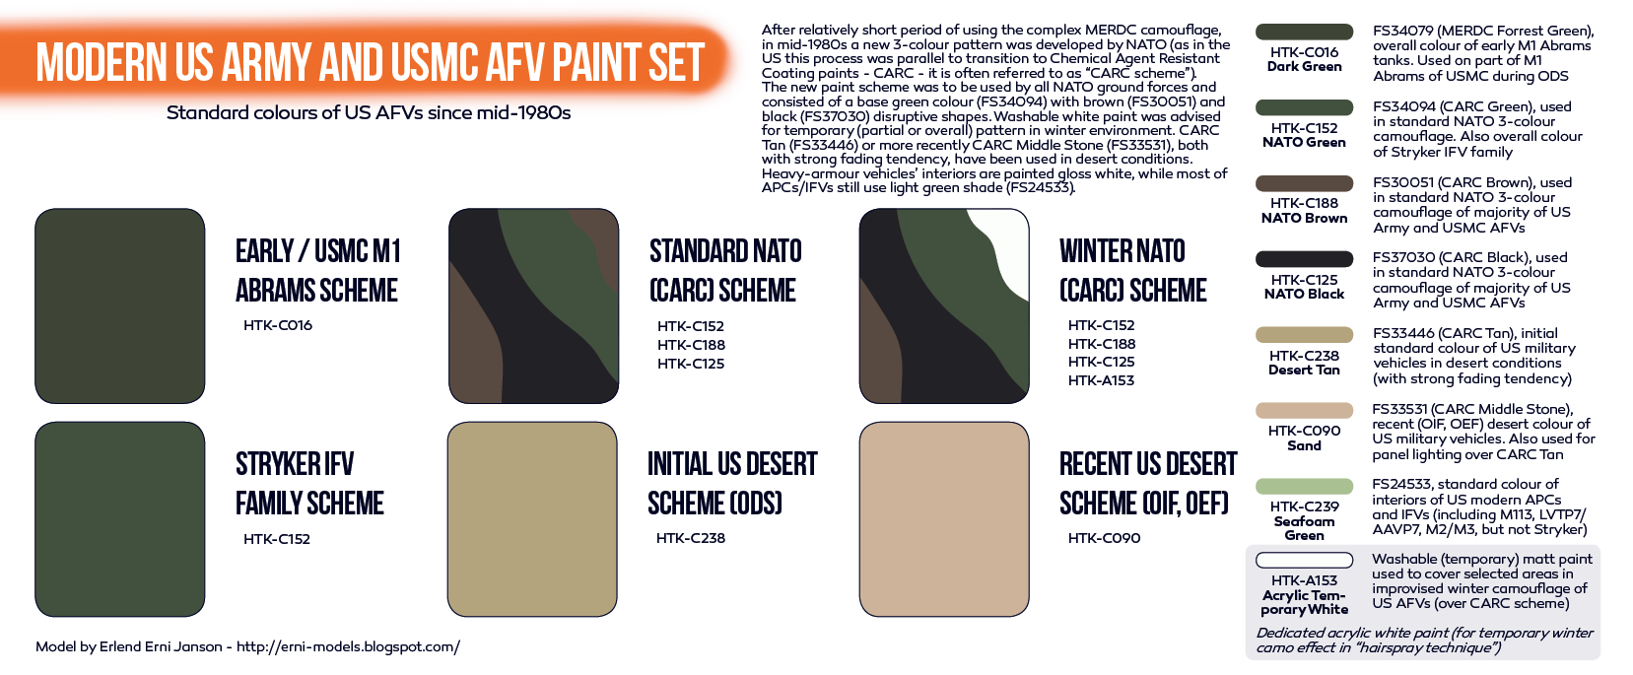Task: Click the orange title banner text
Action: pos(370,62)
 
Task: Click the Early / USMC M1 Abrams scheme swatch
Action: pos(120,306)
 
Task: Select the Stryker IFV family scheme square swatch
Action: pos(120,519)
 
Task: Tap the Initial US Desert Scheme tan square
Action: pos(532,519)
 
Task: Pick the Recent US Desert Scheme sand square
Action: pos(944,519)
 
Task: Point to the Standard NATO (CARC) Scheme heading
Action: pos(725,270)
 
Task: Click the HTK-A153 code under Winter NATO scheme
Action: pos(1101,380)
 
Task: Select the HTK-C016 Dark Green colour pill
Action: pos(1304,33)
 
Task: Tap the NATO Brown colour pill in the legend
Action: pos(1304,183)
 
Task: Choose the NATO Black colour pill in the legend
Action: pos(1304,259)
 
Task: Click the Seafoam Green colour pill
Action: pos(1304,486)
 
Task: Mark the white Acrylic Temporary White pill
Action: pos(1304,560)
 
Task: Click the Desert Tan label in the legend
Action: pos(1304,371)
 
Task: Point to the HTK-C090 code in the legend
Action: pos(1304,431)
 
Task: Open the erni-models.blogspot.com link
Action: pos(349,646)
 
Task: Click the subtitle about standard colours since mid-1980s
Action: pos(369,113)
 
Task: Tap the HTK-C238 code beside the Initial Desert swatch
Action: pos(691,538)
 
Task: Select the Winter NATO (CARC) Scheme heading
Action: pos(1133,270)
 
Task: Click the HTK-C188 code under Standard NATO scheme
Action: pos(691,345)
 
